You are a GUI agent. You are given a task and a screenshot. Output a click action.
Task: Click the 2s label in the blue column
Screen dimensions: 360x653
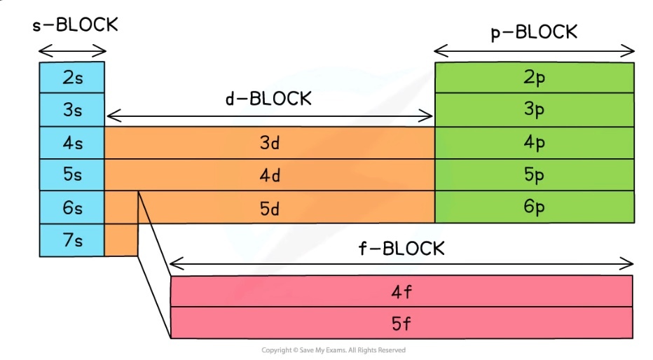pyautogui.click(x=72, y=78)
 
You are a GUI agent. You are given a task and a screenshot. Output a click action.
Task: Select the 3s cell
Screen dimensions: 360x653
pyautogui.click(x=72, y=111)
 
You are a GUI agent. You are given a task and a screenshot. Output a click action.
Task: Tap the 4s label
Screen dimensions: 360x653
pyautogui.click(x=72, y=143)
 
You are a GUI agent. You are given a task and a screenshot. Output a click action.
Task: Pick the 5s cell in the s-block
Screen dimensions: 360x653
pyautogui.click(x=72, y=175)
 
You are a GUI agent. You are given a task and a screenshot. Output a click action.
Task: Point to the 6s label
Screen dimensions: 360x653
pyautogui.click(x=72, y=207)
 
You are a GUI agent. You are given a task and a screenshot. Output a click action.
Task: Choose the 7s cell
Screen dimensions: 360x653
pyautogui.click(x=72, y=240)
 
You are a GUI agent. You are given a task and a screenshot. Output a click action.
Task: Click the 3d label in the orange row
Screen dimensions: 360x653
pyautogui.click(x=270, y=143)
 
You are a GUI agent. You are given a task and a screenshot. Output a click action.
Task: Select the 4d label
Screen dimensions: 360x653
pyautogui.click(x=270, y=175)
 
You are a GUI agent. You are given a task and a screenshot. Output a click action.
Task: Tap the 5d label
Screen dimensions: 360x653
pyautogui.click(x=270, y=207)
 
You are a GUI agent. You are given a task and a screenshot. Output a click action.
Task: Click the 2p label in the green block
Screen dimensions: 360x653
pyautogui.click(x=535, y=78)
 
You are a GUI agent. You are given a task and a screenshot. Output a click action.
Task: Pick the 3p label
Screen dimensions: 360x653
pyautogui.click(x=535, y=111)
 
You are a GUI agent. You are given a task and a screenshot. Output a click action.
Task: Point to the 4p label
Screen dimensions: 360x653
pyautogui.click(x=535, y=143)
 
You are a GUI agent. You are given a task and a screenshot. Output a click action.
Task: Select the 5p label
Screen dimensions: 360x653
pyautogui.click(x=535, y=175)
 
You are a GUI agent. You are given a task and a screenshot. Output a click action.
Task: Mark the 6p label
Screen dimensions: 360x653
pyautogui.click(x=535, y=207)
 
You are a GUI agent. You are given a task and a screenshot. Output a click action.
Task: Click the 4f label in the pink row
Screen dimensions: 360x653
pyautogui.click(x=401, y=292)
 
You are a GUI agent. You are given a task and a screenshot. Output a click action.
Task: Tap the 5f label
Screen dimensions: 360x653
pyautogui.click(x=401, y=324)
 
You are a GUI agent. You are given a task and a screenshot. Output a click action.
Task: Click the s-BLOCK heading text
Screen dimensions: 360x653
pyautogui.click(x=76, y=25)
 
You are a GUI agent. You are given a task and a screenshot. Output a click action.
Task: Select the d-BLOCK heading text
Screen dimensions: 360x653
pyautogui.click(x=268, y=99)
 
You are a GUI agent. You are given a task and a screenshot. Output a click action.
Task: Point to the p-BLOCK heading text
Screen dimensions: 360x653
pyautogui.click(x=534, y=32)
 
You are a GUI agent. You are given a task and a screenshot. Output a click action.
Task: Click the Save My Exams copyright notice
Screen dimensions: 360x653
pyautogui.click(x=334, y=350)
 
